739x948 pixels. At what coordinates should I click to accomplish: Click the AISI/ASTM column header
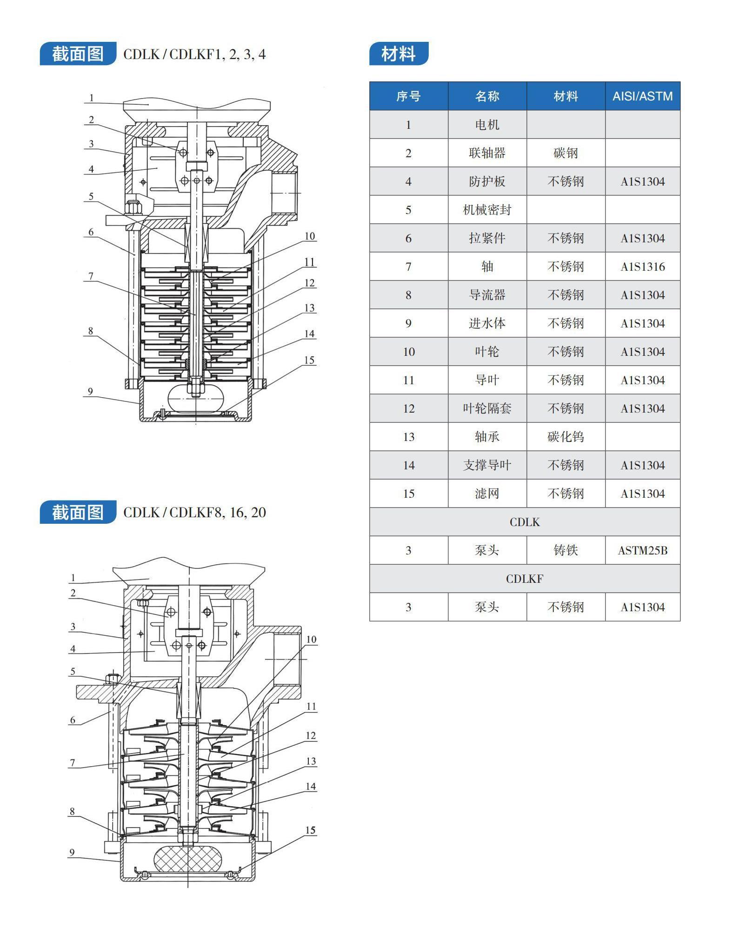coord(642,96)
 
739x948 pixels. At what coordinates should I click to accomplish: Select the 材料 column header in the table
coord(566,96)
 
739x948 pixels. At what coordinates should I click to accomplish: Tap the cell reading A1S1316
coord(642,267)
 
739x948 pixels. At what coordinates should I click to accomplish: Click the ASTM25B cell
coord(642,550)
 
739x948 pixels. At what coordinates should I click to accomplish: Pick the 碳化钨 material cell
coord(566,437)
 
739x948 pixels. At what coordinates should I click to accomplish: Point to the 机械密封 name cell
coord(487,210)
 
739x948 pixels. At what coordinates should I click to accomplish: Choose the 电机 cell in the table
coord(487,125)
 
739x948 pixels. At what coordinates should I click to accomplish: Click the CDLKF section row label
coord(525,579)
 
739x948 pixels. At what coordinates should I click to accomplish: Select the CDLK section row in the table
coord(525,522)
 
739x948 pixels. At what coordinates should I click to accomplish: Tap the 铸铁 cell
coord(566,550)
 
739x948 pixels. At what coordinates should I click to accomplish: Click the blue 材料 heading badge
coord(399,53)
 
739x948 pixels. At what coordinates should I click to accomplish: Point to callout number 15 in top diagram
coord(309,360)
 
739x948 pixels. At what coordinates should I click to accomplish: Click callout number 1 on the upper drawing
coord(92,98)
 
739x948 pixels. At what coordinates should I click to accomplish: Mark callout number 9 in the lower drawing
coord(72,853)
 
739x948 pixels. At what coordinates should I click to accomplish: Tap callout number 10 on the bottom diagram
coord(311,640)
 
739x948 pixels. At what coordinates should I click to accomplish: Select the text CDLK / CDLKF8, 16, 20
coord(194,513)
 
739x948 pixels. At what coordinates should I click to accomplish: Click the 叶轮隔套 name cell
coord(487,408)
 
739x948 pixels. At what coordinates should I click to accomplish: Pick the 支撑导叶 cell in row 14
coord(487,465)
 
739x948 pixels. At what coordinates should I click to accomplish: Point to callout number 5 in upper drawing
coord(91,196)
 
